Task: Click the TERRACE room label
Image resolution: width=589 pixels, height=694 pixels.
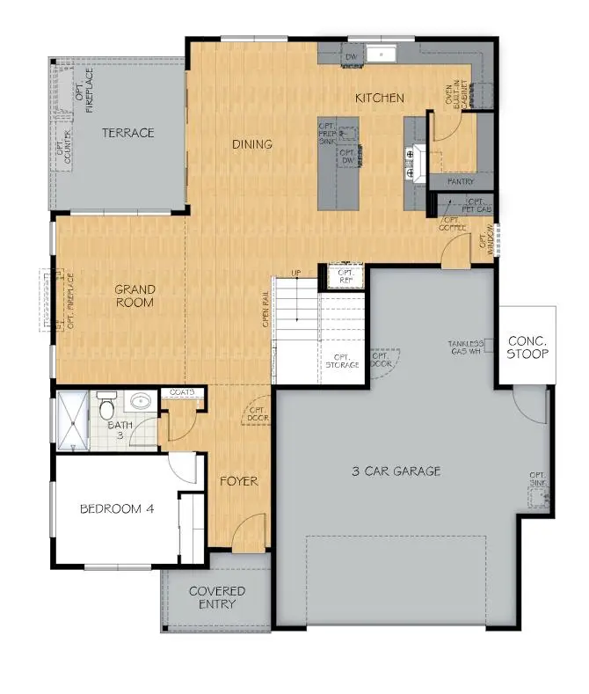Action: (x=127, y=133)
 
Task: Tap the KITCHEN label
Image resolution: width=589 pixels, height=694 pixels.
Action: (x=379, y=98)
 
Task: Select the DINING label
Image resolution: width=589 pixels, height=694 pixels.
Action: (x=252, y=144)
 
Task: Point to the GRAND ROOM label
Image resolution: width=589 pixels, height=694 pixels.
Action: (x=135, y=296)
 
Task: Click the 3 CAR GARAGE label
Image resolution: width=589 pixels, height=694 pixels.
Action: (x=396, y=471)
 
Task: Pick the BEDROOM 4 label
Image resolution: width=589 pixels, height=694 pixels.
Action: (x=118, y=508)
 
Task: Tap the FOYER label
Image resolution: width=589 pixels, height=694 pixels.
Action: (x=238, y=481)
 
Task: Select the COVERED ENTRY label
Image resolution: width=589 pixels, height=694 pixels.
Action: (x=217, y=598)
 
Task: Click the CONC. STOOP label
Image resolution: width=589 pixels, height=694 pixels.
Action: (x=527, y=347)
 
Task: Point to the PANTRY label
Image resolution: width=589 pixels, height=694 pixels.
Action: (x=461, y=181)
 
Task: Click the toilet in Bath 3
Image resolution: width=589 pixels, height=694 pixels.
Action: (x=107, y=407)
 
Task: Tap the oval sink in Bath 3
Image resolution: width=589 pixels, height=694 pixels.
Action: (x=139, y=403)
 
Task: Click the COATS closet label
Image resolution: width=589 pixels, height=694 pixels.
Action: (x=182, y=392)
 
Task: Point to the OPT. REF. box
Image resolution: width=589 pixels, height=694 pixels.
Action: (x=346, y=277)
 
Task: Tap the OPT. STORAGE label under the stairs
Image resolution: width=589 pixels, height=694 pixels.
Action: (x=342, y=359)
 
